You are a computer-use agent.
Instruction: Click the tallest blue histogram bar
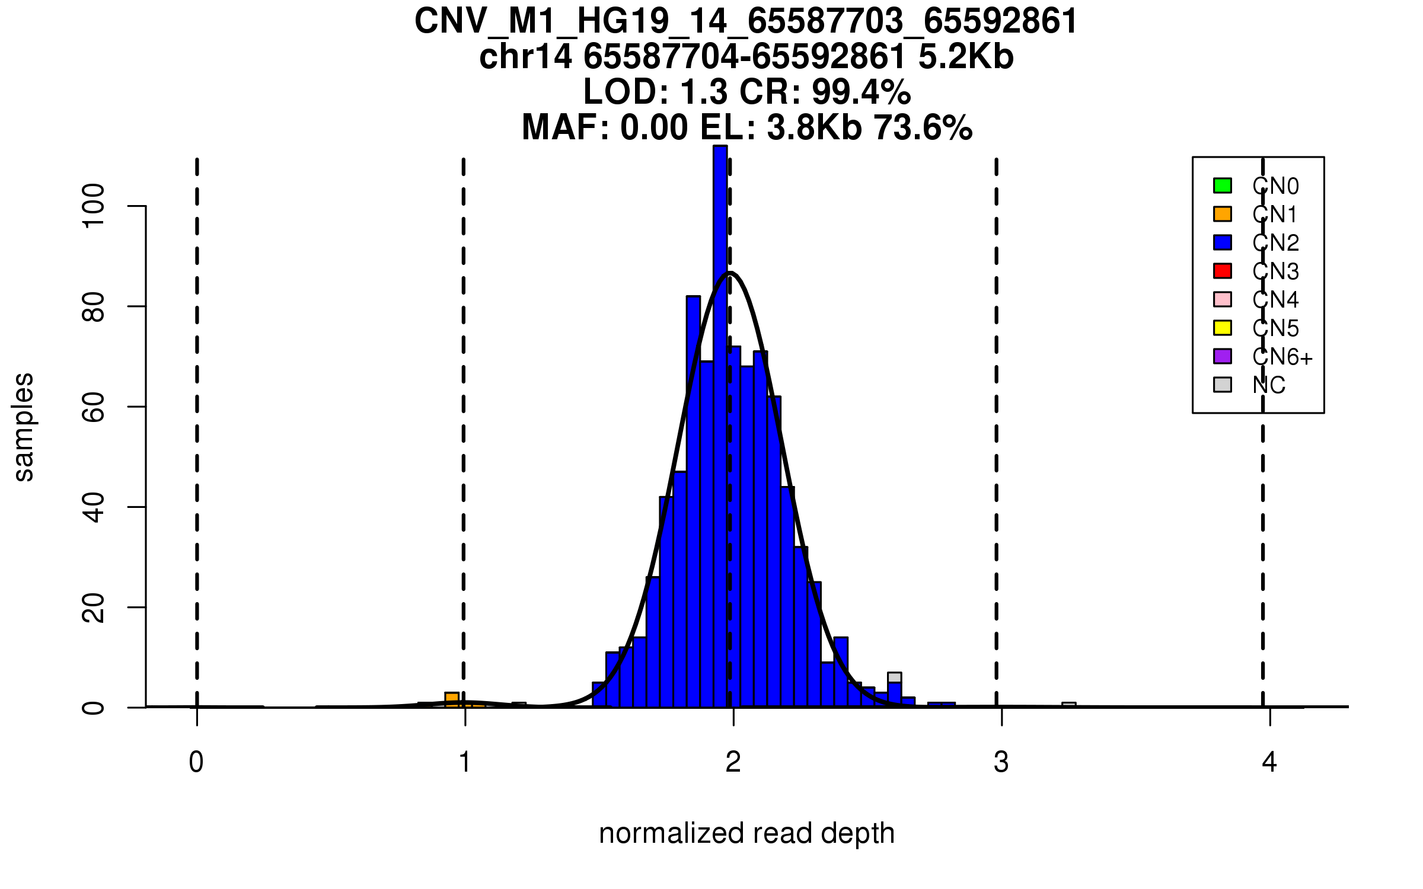pos(720,427)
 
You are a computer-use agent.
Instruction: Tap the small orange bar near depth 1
pos(452,699)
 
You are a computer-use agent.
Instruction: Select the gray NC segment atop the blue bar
pos(894,677)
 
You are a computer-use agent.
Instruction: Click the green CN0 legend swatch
pos(1222,186)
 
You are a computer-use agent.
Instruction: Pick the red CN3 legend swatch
pos(1222,271)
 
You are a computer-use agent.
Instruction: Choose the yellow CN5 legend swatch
pos(1222,328)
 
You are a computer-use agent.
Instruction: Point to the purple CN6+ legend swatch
pos(1222,356)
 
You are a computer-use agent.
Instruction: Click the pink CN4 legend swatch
pos(1222,299)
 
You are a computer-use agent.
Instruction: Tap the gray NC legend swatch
pos(1222,385)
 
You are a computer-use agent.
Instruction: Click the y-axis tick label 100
pos(93,206)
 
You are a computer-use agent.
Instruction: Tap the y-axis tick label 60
pos(93,407)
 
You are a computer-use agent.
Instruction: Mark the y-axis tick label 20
pos(93,607)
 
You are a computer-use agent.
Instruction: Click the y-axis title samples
pos(24,427)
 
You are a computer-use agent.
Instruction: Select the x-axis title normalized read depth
pos(746,834)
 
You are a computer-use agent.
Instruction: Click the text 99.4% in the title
pos(861,92)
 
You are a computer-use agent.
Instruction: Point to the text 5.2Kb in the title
pos(966,57)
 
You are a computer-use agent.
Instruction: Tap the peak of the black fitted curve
pos(730,273)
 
